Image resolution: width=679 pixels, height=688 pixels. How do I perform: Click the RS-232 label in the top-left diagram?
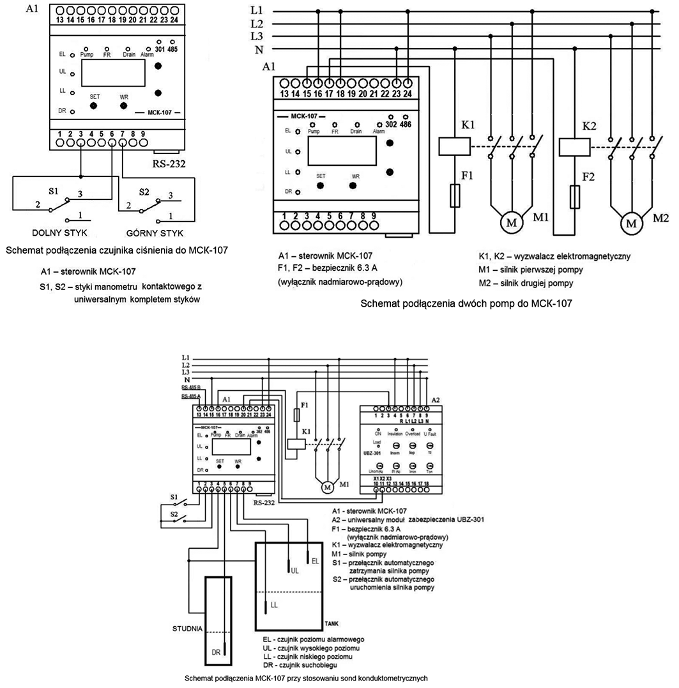pyautogui.click(x=169, y=164)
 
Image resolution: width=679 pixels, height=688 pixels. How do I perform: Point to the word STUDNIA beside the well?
pyautogui.click(x=187, y=628)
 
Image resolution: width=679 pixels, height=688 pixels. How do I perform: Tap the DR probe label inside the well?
pyautogui.click(x=216, y=652)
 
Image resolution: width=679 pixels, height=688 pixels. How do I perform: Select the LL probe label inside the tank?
pyautogui.click(x=274, y=603)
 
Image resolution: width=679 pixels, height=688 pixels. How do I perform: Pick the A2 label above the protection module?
pyautogui.click(x=436, y=399)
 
